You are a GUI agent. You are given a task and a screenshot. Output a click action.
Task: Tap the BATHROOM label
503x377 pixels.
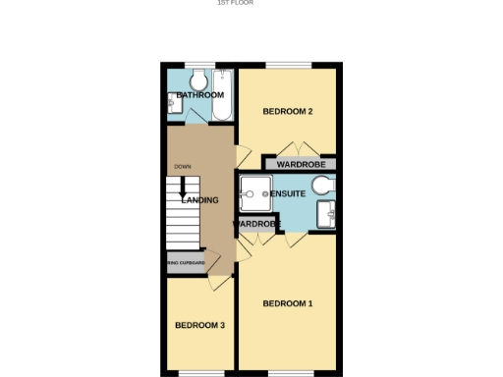click(x=200, y=95)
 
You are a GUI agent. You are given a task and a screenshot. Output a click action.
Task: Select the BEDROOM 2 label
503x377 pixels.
click(x=288, y=111)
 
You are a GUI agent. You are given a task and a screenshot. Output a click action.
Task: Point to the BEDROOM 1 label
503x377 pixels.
click(x=288, y=303)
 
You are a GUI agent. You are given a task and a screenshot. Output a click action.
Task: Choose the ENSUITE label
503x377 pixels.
click(x=289, y=194)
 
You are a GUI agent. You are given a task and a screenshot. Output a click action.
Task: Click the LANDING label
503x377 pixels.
click(x=199, y=201)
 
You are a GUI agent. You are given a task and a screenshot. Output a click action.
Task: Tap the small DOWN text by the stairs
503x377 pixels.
click(x=183, y=167)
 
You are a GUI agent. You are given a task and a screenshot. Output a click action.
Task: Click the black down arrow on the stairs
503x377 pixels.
click(x=183, y=188)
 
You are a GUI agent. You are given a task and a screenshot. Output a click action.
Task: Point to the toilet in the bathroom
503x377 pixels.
click(x=197, y=79)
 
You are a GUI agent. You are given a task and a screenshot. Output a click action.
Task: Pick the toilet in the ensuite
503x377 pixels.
click(x=326, y=184)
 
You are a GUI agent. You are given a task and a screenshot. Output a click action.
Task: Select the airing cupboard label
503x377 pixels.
click(x=186, y=263)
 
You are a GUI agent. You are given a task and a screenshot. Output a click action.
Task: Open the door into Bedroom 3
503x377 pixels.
click(x=221, y=282)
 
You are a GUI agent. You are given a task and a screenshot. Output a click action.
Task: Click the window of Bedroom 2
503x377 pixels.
click(x=288, y=66)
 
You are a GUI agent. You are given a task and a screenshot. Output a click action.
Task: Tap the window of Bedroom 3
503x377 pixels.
click(x=194, y=372)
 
